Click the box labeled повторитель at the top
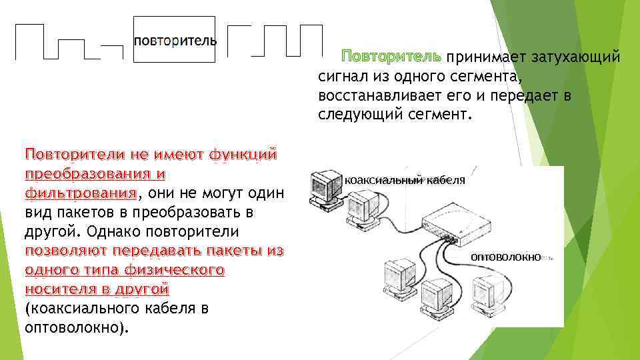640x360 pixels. [175, 39]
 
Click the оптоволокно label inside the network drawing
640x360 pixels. [505, 257]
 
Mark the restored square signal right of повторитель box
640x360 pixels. [274, 40]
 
